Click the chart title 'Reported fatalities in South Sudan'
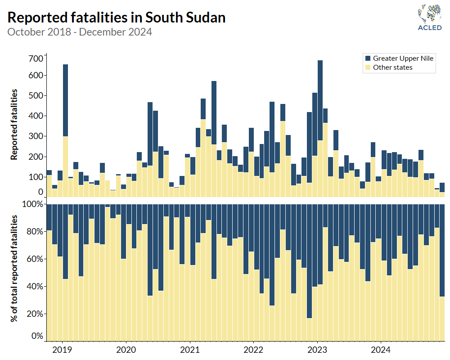pyautogui.click(x=117, y=18)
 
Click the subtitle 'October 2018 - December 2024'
pyautogui.click(x=80, y=32)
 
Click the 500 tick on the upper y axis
pyautogui.click(x=36, y=95)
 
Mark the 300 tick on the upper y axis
pyautogui.click(x=36, y=136)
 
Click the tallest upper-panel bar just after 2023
pyautogui.click(x=320, y=128)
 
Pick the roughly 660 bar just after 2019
pyautogui.click(x=65, y=130)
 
